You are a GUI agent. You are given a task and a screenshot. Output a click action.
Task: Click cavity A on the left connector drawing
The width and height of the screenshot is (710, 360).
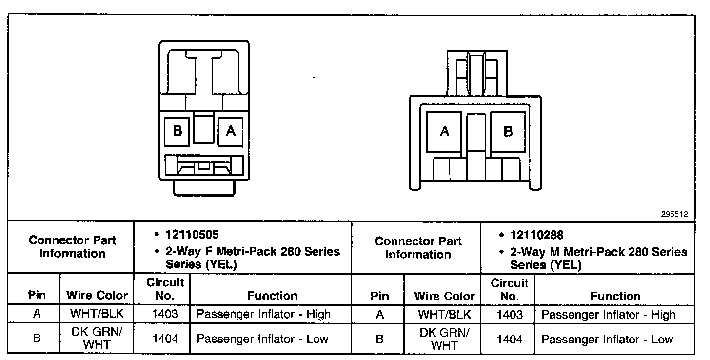tap(231, 131)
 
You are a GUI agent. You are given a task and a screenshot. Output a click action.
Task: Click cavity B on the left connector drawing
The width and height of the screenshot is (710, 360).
tap(178, 131)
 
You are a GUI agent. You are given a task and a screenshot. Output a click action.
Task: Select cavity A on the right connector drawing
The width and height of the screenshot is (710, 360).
tap(444, 132)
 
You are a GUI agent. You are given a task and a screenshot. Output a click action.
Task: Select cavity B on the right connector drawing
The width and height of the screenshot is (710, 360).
tap(508, 132)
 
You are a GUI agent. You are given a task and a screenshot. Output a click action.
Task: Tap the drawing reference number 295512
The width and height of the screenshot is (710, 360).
tap(674, 214)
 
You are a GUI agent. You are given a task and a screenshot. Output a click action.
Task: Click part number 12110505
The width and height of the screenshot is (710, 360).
tap(191, 235)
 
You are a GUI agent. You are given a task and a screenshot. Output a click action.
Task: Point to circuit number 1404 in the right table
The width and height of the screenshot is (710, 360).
tap(509, 340)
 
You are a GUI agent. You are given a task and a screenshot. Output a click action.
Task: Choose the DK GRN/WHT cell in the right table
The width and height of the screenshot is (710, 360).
tap(445, 339)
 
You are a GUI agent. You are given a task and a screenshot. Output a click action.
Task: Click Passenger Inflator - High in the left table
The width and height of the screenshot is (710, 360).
tap(263, 315)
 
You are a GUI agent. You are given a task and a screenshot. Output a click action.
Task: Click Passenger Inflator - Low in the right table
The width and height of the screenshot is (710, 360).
tap(607, 340)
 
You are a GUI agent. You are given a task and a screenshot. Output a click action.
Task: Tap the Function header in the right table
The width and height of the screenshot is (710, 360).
tap(615, 296)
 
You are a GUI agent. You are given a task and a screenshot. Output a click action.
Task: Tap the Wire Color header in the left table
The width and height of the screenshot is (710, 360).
tap(97, 295)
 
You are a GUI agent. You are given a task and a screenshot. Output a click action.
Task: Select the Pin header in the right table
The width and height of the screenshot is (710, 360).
tap(379, 296)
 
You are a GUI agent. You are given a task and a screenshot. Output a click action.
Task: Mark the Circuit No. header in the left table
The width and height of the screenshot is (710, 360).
tap(165, 289)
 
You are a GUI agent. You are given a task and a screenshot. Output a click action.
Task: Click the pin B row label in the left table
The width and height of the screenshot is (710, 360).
tap(37, 339)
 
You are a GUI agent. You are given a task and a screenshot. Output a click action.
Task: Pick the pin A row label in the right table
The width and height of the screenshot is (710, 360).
tap(379, 315)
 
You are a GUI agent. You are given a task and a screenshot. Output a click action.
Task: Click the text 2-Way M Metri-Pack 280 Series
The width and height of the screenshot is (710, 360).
tap(599, 252)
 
